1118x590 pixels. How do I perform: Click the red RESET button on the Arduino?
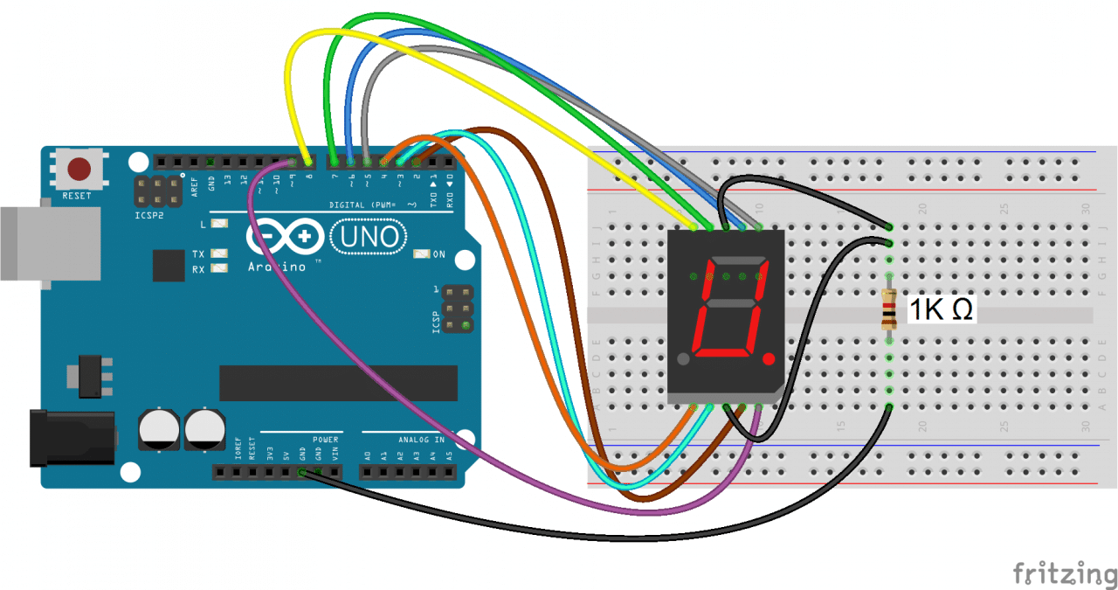81,168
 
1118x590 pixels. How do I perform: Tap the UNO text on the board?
369,237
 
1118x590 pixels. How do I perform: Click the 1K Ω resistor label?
942,309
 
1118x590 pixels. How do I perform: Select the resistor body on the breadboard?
889,309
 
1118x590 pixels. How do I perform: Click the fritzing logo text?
1065,573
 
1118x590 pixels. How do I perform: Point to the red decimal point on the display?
769,359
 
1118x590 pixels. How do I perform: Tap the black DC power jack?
70,438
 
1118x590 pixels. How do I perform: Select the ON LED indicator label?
438,254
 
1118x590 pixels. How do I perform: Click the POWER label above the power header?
325,440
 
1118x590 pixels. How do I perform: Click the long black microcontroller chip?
338,382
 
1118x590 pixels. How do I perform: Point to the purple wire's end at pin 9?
291,163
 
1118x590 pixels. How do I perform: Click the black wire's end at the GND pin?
302,473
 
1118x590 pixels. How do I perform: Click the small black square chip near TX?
169,265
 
